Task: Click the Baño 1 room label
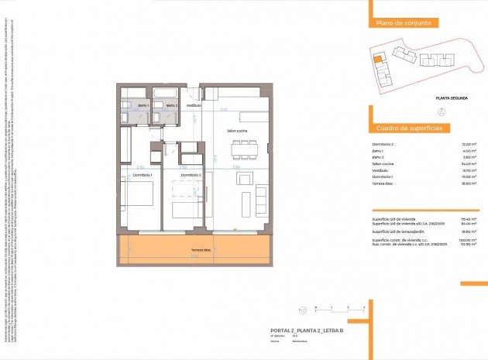tap(143, 105)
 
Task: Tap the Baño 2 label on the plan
tap(171, 105)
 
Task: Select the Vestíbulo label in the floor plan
tap(193, 105)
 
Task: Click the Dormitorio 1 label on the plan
tap(141, 176)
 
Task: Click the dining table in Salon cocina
tap(243, 151)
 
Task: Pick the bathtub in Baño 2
tap(166, 92)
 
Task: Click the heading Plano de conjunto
tap(403, 24)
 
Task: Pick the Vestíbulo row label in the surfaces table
tap(382, 170)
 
